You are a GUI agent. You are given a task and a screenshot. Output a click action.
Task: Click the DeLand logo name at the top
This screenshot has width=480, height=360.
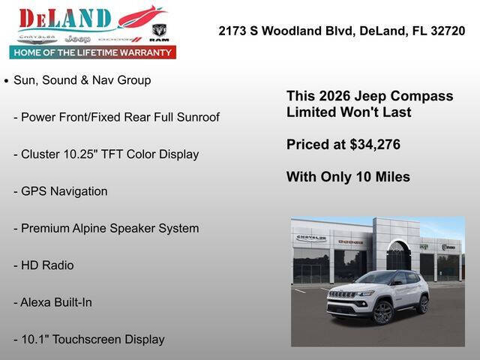(x=65, y=18)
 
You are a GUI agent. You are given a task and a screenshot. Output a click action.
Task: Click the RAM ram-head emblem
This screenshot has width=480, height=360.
(x=159, y=30)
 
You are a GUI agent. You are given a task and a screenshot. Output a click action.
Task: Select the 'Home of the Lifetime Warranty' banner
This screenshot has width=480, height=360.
(x=93, y=52)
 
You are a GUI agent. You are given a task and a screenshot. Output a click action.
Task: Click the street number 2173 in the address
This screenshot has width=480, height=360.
(x=232, y=31)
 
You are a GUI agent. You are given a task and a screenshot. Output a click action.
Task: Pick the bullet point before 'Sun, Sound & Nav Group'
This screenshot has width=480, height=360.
(x=7, y=80)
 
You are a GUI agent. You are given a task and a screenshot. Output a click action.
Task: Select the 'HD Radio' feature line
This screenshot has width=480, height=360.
(x=47, y=265)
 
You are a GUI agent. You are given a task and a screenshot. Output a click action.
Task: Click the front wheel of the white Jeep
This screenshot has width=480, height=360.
(x=382, y=311)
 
